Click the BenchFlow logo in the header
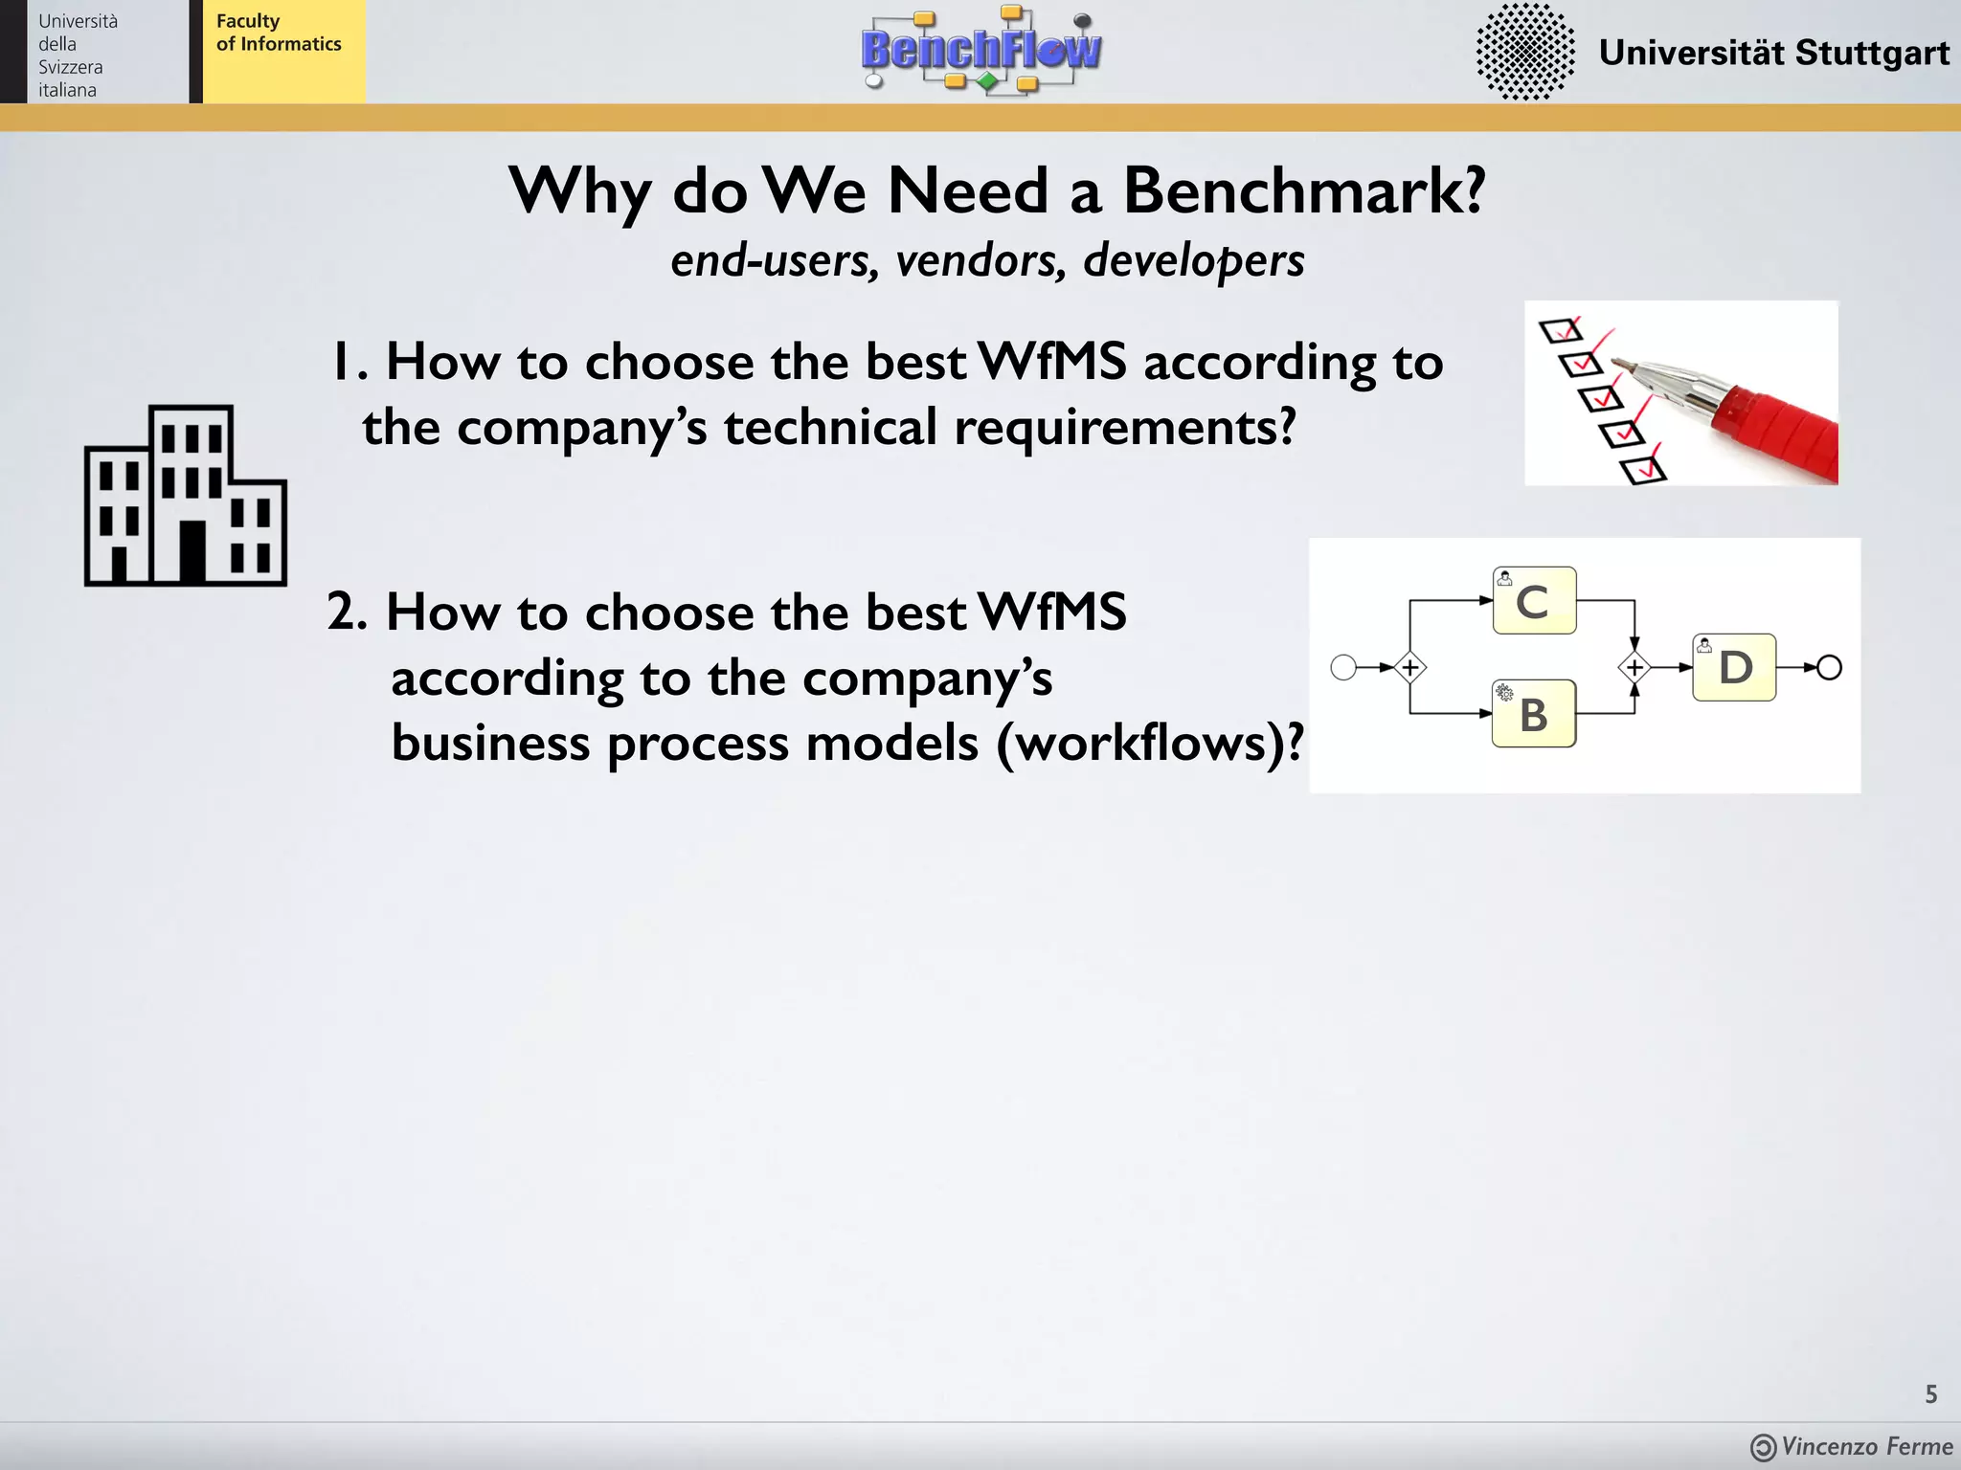click(980, 51)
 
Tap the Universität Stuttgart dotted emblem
click(1524, 52)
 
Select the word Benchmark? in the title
click(1303, 190)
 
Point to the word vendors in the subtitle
click(980, 260)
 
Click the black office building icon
click(186, 496)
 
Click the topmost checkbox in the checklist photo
click(1559, 331)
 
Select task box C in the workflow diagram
click(1534, 601)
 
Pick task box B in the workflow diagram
click(1534, 714)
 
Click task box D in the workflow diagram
click(1734, 667)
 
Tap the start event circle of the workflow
click(1343, 667)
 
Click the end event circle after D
click(1829, 667)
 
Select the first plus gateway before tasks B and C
click(1409, 667)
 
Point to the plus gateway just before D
click(1634, 667)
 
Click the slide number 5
click(1930, 1394)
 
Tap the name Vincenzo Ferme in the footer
click(1866, 1446)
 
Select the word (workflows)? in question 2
click(1149, 744)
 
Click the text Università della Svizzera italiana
click(77, 56)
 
